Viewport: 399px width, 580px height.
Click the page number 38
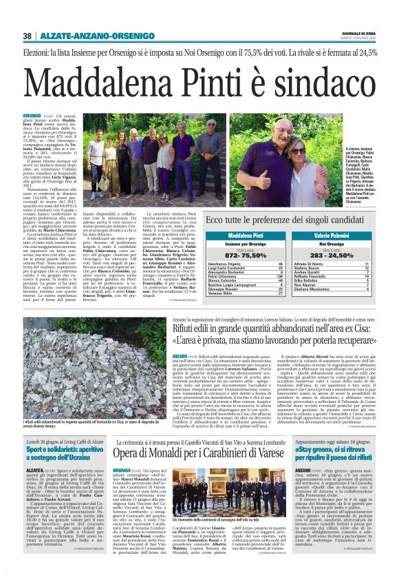click(x=28, y=36)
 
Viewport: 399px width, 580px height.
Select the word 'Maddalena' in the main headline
click(x=101, y=82)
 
